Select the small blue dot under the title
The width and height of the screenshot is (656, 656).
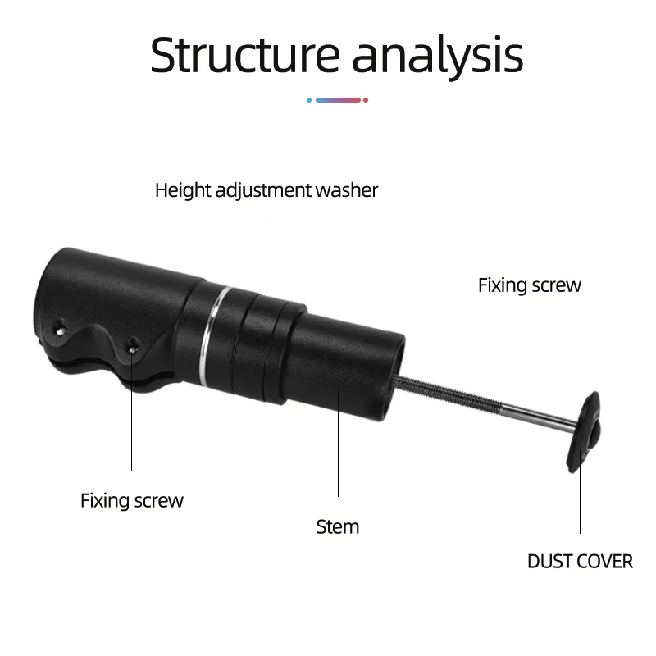point(308,100)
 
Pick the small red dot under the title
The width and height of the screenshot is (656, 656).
point(366,100)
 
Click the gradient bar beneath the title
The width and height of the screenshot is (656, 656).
point(338,100)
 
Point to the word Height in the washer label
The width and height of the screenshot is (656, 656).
point(182,190)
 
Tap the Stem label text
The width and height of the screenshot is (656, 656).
point(338,526)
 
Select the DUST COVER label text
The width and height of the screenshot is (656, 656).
point(580,562)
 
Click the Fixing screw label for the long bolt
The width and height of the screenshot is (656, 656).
point(530,285)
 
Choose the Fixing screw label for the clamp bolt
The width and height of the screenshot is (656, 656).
point(132,500)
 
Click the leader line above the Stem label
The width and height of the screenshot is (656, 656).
point(339,443)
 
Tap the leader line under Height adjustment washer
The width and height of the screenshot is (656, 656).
point(266,254)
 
